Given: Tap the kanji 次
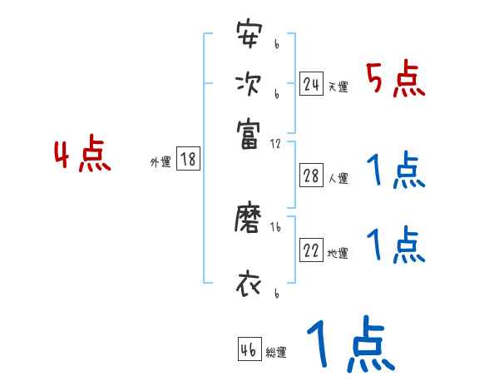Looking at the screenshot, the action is [249, 84].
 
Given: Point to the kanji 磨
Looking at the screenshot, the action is [249, 220].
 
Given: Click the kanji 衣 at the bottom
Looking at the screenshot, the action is [249, 284].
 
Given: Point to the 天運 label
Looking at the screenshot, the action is [338, 87].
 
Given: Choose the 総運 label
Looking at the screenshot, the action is [276, 353].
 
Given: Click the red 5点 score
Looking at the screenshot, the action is [396, 80].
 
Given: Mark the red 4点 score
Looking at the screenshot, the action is [82, 156].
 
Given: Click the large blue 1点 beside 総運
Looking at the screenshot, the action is [350, 344].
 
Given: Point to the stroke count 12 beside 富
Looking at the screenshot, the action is [275, 143].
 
